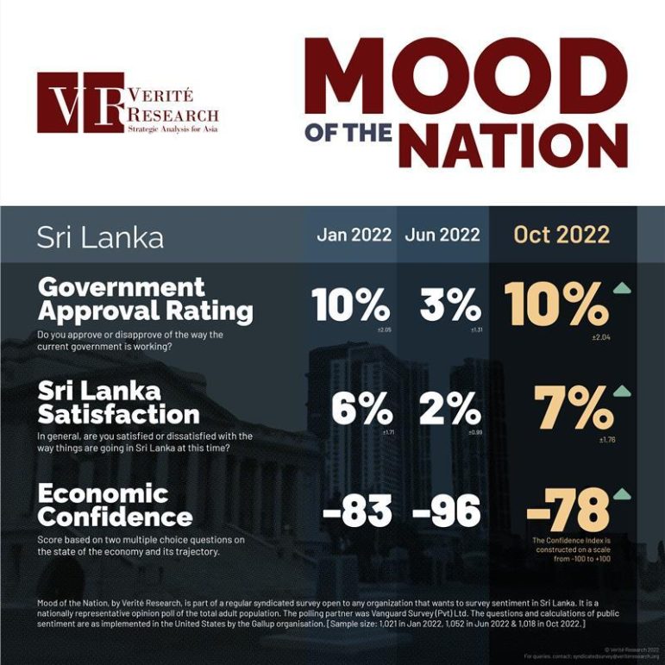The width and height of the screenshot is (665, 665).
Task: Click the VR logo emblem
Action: point(80,103)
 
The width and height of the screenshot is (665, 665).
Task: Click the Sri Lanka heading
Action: point(100,237)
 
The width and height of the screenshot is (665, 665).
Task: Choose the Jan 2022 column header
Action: point(354,235)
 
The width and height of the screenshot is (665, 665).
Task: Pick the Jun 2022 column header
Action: point(442,235)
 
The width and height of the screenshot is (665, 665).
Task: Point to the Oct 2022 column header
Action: point(561,235)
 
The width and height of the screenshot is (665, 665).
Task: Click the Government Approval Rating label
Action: point(146,298)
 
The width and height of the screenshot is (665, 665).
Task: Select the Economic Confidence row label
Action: point(115,505)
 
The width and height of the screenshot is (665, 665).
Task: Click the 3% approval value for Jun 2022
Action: point(450,304)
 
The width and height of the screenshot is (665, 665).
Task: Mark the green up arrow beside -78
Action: point(621,494)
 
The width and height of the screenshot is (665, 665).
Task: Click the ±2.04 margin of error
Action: point(601,336)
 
